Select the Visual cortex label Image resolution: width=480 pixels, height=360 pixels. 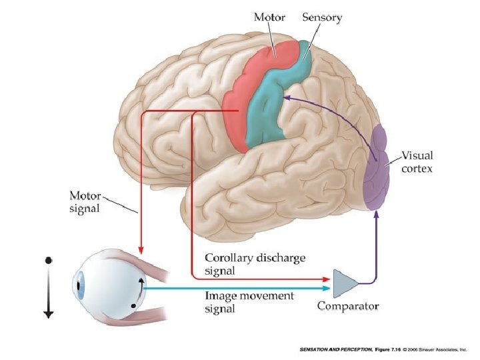pos(417,162)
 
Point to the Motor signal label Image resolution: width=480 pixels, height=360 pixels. pos(85,202)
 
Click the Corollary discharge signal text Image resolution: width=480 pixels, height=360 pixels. pos(256,264)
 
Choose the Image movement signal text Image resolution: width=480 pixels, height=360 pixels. pos(248,303)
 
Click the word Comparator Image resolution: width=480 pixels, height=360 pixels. pos(347,307)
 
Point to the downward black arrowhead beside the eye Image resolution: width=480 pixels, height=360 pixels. pos(48,313)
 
